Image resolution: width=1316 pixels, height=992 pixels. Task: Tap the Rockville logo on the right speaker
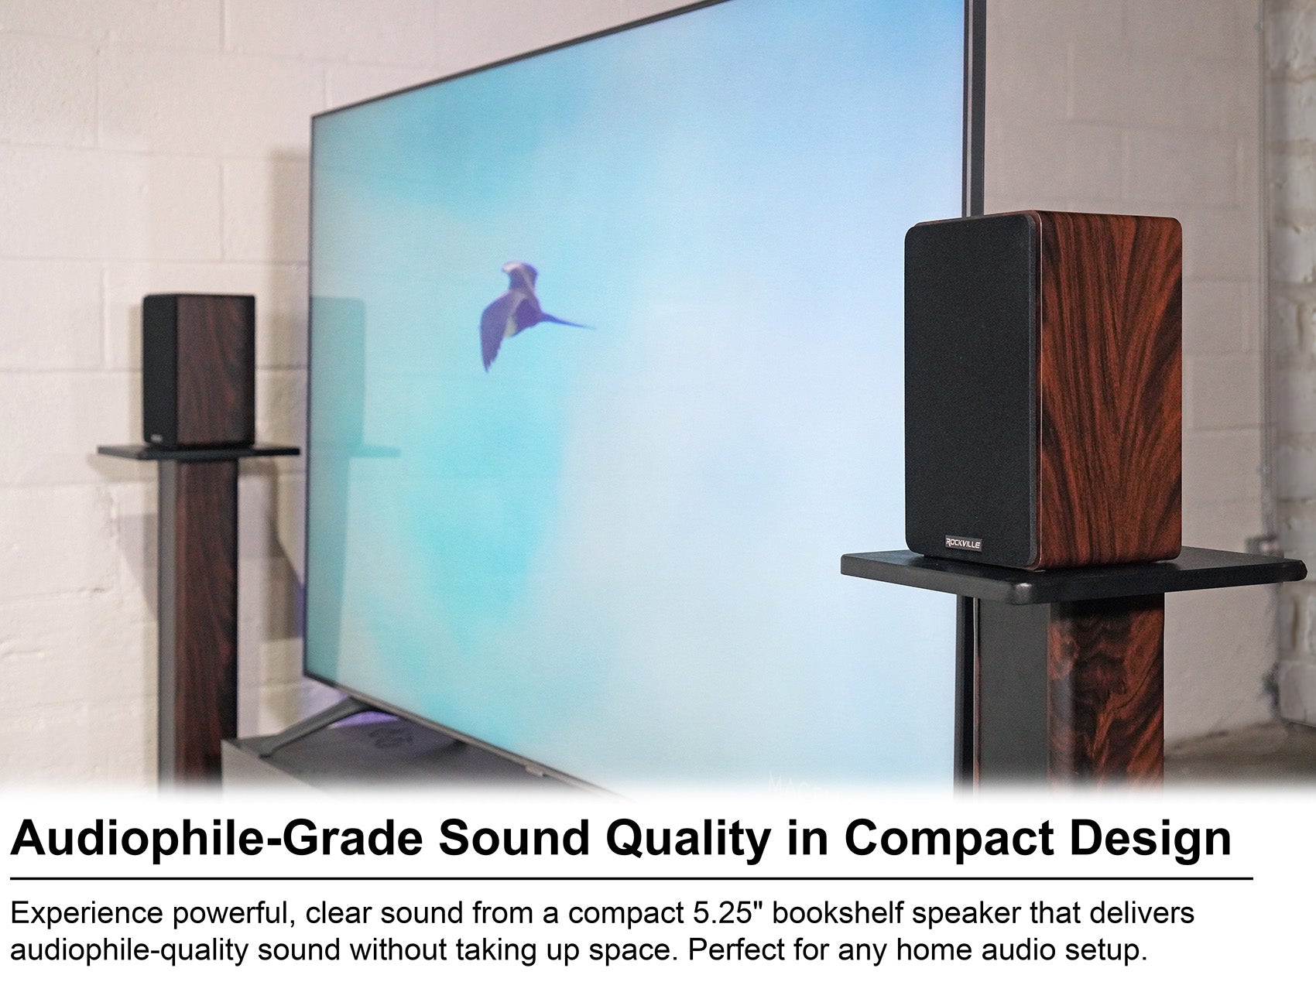[x=962, y=543]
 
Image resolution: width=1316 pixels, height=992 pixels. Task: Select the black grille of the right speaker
[x=975, y=387]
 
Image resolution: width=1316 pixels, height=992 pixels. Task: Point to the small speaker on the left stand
[x=199, y=370]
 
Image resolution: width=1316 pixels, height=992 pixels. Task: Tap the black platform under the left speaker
[x=198, y=451]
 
